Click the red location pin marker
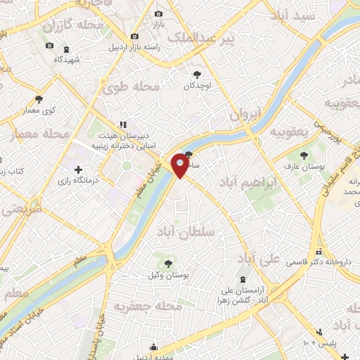tap(181, 164)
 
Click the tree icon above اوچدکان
tap(198, 74)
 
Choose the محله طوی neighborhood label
tap(131, 88)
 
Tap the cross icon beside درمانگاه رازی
tap(78, 169)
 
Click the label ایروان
tap(245, 114)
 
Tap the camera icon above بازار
tap(158, 14)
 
